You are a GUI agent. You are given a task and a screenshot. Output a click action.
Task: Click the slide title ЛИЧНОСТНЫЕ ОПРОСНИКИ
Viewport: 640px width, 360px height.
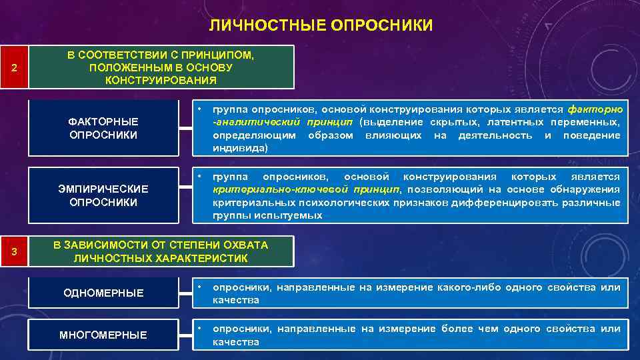pyautogui.click(x=320, y=26)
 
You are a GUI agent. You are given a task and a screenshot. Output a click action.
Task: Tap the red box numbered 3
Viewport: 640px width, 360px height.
pyautogui.click(x=15, y=251)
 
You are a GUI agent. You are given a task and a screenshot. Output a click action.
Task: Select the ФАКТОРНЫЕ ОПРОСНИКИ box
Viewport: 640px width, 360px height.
pyautogui.click(x=103, y=129)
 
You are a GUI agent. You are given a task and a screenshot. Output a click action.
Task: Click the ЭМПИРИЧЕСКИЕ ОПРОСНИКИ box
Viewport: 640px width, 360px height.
pyautogui.click(x=103, y=195)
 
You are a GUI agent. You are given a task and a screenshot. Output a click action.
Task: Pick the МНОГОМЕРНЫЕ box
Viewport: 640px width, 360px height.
pyautogui.click(x=103, y=335)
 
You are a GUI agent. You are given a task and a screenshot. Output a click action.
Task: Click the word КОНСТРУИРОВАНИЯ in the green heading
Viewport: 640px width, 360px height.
pyautogui.click(x=161, y=81)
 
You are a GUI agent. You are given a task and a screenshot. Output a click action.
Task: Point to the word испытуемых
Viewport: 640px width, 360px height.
pyautogui.click(x=293, y=215)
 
